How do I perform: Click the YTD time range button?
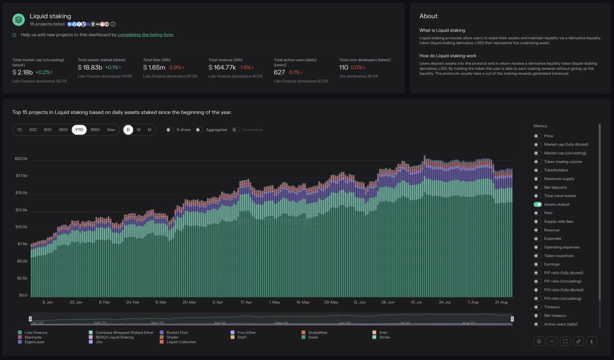79,130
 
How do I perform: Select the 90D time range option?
48,130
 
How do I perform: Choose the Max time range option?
111,130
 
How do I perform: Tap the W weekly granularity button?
139,130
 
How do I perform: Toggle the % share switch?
170,130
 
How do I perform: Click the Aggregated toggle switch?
199,130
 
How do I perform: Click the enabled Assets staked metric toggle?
538,205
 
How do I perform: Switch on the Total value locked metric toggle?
538,196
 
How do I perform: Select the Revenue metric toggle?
538,230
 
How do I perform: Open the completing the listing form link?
146,35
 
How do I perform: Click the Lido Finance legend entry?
36,332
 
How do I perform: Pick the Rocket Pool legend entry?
177,332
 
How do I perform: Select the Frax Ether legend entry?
246,332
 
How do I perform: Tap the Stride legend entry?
384,337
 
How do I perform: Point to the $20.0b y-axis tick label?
21,159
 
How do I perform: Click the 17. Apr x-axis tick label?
246,302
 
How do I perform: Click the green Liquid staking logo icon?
18,19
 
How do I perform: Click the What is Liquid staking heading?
442,30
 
